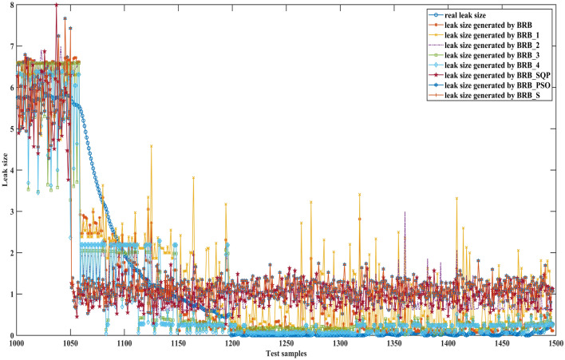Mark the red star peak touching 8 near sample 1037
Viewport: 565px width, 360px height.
point(56,5)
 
